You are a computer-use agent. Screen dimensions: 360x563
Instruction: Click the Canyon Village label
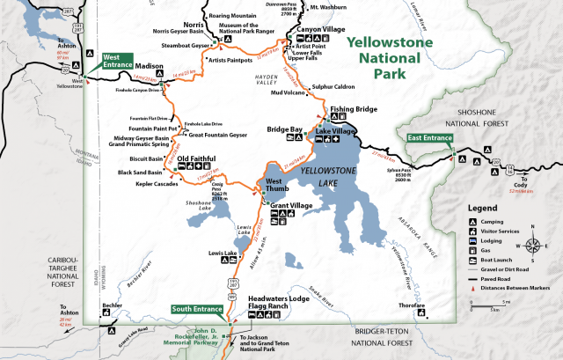point(321,29)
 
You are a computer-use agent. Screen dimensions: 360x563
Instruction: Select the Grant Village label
point(292,206)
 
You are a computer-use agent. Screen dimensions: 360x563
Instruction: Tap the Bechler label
point(112,305)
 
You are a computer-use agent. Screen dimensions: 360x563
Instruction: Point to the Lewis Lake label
point(223,253)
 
